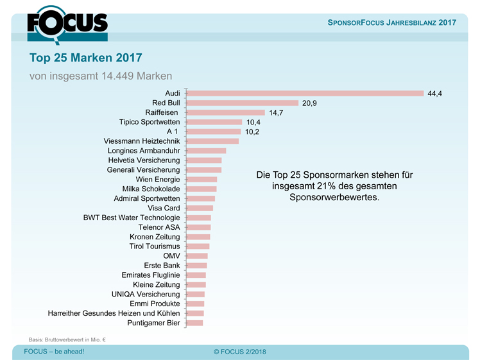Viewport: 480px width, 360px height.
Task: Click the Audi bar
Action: pyautogui.click(x=304, y=93)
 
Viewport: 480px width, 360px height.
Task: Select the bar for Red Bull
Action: pyautogui.click(x=242, y=103)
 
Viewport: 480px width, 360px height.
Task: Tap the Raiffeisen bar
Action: pyautogui.click(x=225, y=112)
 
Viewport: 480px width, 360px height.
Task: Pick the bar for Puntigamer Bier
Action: pyautogui.click(x=194, y=323)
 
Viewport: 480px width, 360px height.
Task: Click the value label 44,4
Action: pyautogui.click(x=434, y=94)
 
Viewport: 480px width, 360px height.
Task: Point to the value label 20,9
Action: pyautogui.click(x=309, y=103)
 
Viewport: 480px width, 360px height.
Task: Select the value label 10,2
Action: pyautogui.click(x=252, y=132)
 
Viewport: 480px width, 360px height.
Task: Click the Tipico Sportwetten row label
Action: pyautogui.click(x=150, y=122)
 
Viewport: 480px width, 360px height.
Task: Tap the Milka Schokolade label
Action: pyautogui.click(x=151, y=189)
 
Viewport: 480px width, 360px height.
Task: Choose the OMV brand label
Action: pyautogui.click(x=171, y=255)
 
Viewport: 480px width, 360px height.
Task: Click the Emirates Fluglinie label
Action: pyautogui.click(x=151, y=275)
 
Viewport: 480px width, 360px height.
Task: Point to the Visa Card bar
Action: pyautogui.click(x=199, y=208)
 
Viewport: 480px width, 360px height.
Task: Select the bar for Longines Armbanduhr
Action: pyautogui.click(x=205, y=151)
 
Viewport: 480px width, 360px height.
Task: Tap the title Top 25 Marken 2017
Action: pyautogui.click(x=86, y=58)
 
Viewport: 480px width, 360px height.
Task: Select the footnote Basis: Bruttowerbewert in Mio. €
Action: pyautogui.click(x=67, y=338)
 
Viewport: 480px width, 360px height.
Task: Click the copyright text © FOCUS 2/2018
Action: pyautogui.click(x=239, y=352)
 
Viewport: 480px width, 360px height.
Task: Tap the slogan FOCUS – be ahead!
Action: pyautogui.click(x=54, y=352)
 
